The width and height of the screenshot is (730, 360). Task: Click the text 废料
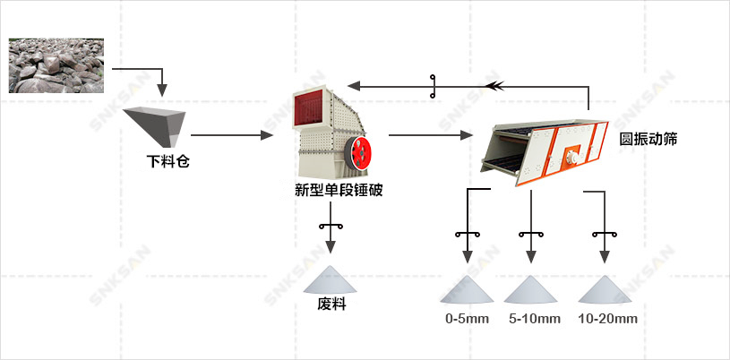click(x=331, y=304)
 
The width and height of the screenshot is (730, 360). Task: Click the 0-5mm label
click(x=468, y=319)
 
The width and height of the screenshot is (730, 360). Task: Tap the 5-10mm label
click(x=534, y=319)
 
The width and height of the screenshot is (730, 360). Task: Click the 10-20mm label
click(x=607, y=319)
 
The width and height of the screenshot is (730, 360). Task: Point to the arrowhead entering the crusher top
click(x=355, y=86)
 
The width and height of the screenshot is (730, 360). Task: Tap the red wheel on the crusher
click(x=359, y=151)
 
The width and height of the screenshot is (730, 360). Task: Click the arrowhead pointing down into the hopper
click(x=161, y=90)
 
